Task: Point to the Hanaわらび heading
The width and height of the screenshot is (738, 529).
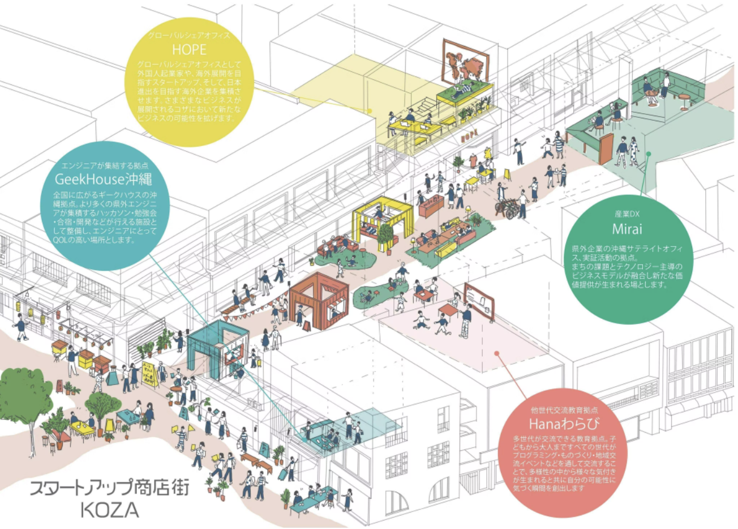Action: tap(564, 423)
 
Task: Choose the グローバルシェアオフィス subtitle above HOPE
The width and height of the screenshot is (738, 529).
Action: tap(189, 35)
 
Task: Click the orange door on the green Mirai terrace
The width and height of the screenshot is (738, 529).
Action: tap(606, 148)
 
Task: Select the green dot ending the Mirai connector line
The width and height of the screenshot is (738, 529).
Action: tap(649, 153)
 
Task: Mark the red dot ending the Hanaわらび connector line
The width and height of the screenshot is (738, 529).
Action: tap(496, 353)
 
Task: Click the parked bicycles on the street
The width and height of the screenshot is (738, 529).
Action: tap(508, 207)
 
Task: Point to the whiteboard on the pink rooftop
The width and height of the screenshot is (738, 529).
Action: tap(478, 301)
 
